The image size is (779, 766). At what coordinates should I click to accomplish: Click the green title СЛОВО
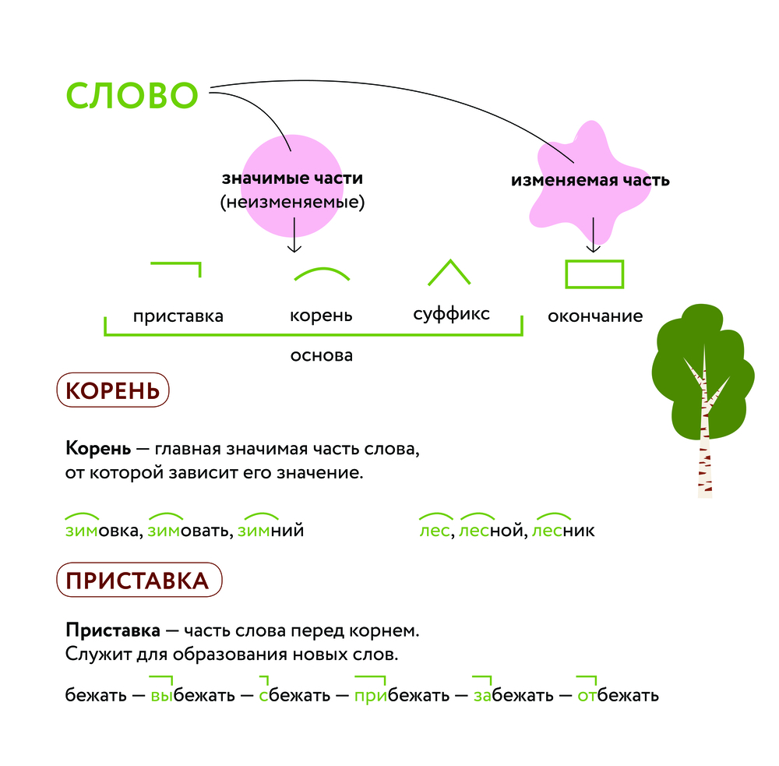coord(132,95)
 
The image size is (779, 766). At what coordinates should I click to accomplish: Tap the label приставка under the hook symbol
coord(178,316)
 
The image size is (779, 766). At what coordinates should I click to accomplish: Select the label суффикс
coord(451,314)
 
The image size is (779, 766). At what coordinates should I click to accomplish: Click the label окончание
coord(595,316)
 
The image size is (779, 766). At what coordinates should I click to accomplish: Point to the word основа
coord(322,355)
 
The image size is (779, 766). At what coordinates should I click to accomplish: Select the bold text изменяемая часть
coord(590,181)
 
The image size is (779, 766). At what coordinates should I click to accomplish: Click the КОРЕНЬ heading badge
coord(113,390)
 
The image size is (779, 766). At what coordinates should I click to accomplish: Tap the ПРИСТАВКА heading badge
coord(139,580)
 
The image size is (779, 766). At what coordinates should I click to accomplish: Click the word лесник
coord(563,531)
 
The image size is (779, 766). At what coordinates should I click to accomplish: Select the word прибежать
coord(401,695)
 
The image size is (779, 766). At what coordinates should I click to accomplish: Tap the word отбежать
coord(618,695)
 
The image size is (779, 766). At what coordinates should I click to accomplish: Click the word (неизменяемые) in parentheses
coord(292,203)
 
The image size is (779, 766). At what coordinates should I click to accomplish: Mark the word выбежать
coord(192,695)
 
